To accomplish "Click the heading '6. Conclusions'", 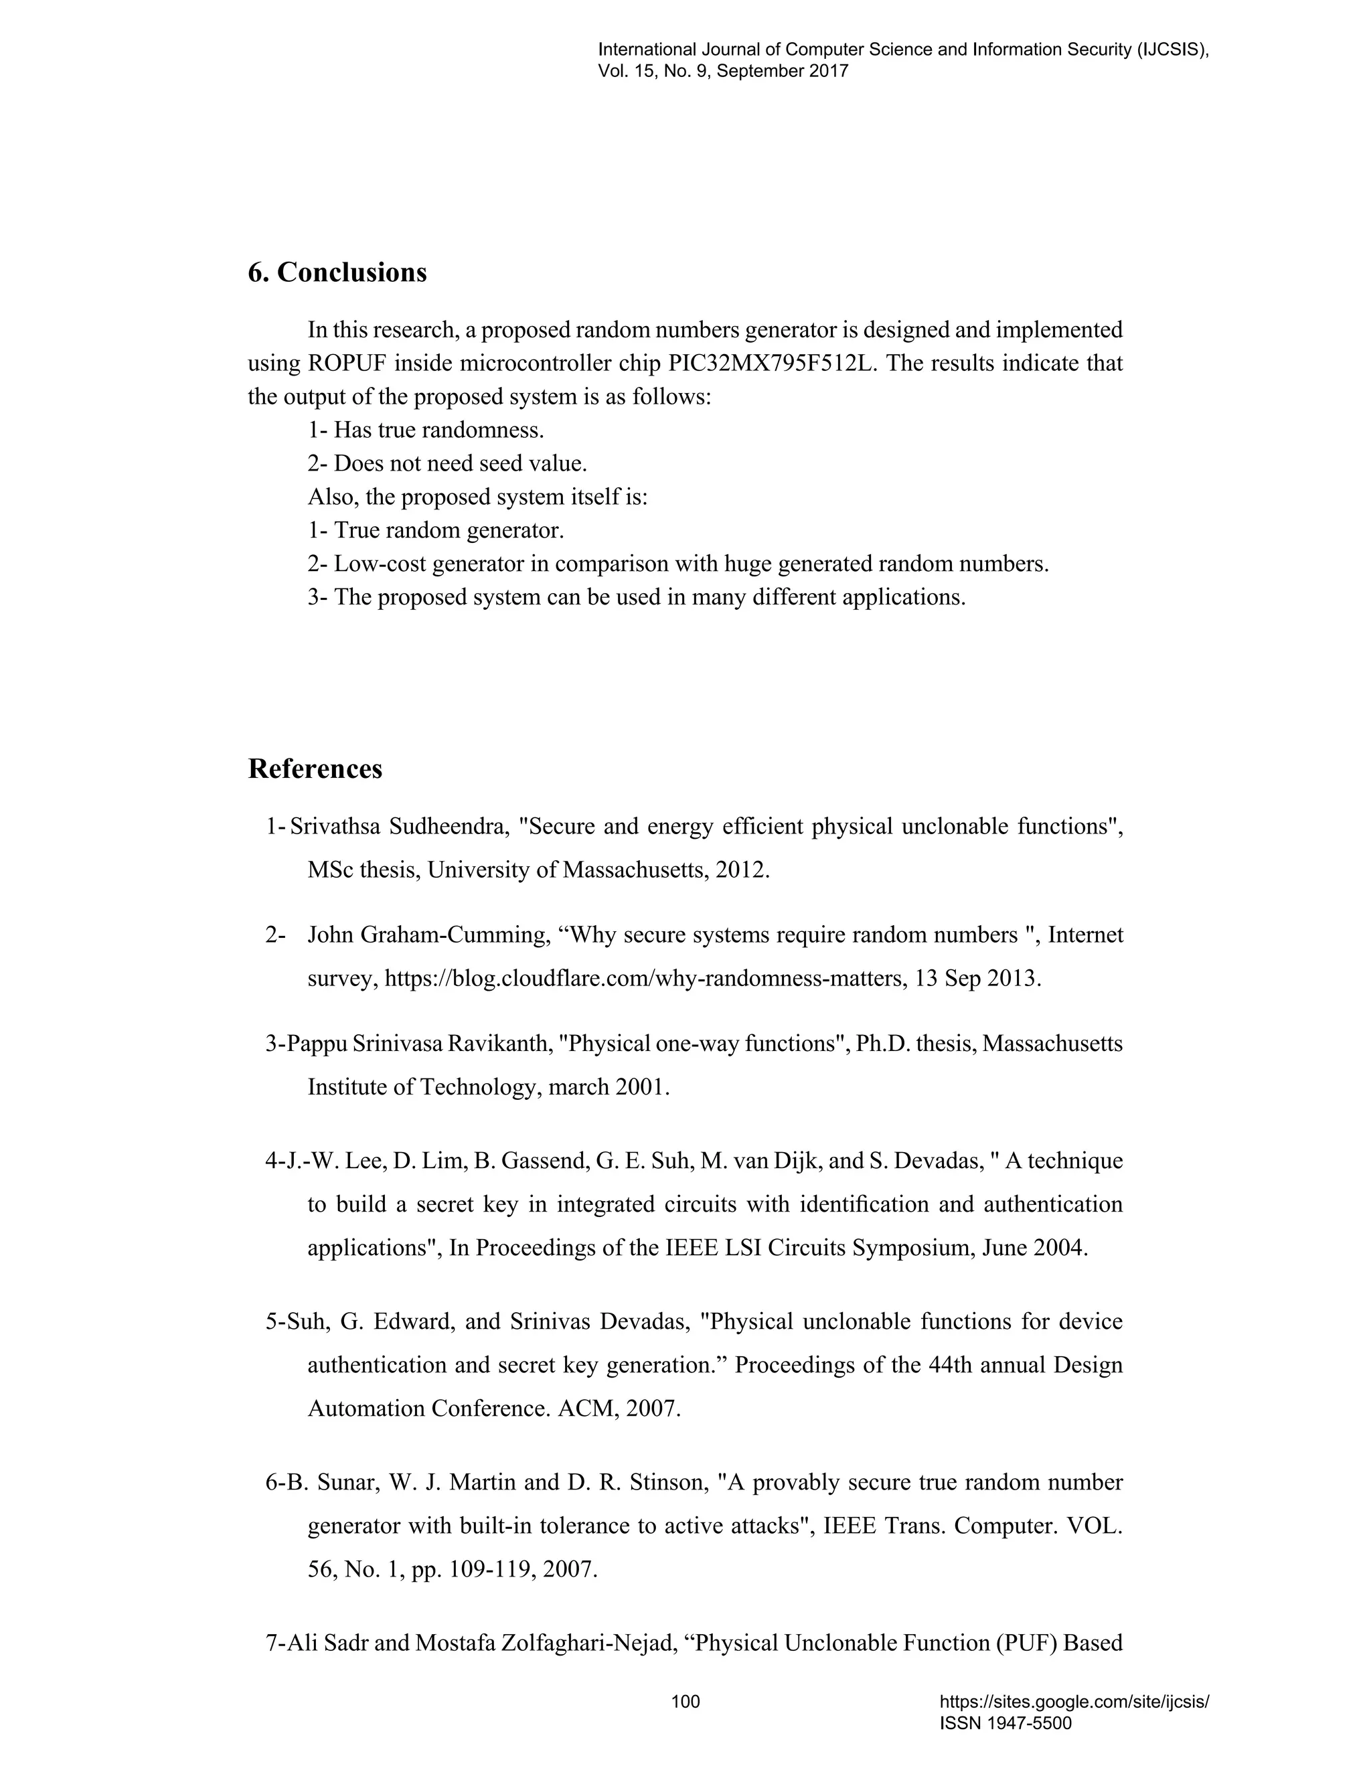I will tap(337, 273).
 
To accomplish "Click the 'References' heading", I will tap(315, 769).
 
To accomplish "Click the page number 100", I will tap(685, 1701).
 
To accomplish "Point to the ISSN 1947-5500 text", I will tap(1005, 1723).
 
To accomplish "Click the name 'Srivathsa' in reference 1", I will tap(335, 827).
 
